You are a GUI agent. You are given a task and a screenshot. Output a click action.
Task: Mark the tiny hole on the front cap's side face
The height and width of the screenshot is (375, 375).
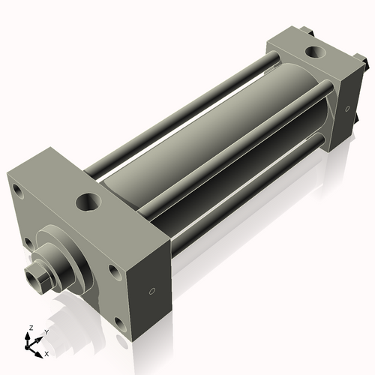[152, 290]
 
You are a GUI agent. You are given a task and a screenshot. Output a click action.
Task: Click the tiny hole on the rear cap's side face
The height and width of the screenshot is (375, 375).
[346, 110]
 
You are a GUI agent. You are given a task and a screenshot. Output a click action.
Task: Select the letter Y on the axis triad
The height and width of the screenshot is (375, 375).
[46, 331]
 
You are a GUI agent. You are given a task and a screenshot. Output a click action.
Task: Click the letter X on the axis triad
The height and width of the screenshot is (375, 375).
[46, 352]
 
